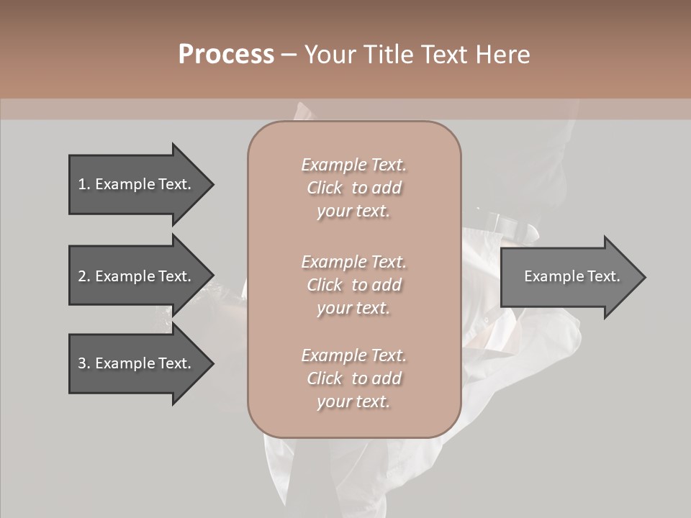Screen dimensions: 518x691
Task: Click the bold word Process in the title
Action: coord(226,55)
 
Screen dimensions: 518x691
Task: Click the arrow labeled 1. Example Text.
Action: coord(137,184)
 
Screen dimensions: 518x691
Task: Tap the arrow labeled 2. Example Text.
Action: coord(137,276)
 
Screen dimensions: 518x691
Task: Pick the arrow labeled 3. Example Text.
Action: coord(137,363)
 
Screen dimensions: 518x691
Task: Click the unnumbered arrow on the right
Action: coord(569,276)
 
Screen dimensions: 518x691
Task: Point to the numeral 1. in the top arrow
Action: coord(84,184)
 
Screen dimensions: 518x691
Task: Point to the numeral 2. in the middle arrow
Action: coord(84,276)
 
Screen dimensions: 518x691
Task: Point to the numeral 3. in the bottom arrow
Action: coord(84,363)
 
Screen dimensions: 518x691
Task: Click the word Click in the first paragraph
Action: coord(325,188)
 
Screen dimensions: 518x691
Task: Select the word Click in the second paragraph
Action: coord(325,285)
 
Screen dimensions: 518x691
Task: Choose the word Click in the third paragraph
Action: coord(325,378)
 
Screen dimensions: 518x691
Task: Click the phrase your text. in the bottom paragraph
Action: coord(353,402)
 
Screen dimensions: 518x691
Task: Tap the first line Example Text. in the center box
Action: coord(353,165)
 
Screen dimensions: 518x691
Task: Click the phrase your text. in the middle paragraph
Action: coord(353,308)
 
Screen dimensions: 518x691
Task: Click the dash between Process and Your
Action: coord(289,55)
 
